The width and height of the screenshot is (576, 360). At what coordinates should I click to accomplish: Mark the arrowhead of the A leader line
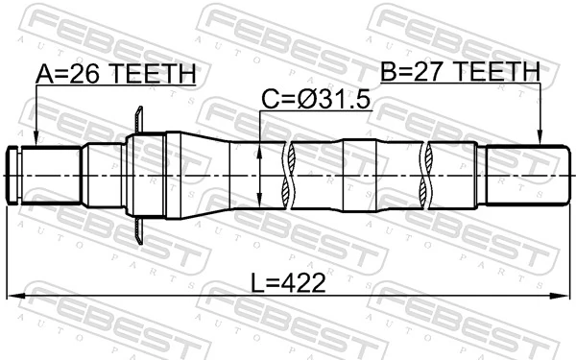tap(36, 141)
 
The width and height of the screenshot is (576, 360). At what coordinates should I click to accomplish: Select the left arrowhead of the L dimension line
tap(12, 296)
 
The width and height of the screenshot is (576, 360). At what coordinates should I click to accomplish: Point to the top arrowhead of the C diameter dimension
tap(262, 147)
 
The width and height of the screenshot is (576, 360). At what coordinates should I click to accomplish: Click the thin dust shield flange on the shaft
tap(140, 175)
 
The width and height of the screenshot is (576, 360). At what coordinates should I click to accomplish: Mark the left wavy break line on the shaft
tap(289, 175)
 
